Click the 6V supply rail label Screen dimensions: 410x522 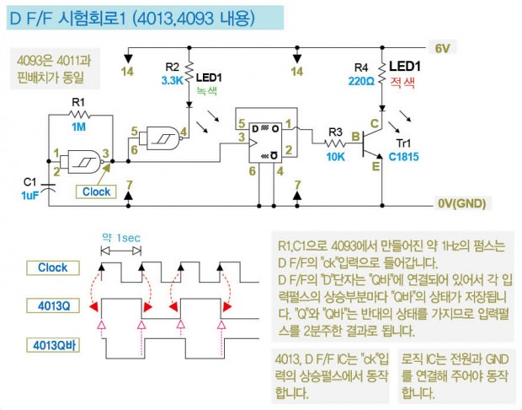pyautogui.click(x=445, y=47)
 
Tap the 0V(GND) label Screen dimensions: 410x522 pyautogui.click(x=461, y=203)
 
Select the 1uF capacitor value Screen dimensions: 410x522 pyautogui.click(x=30, y=193)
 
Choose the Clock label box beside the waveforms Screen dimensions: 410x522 pyautogui.click(x=52, y=268)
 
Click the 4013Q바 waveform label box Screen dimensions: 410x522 pyautogui.click(x=52, y=344)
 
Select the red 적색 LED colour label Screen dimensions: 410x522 pyautogui.click(x=404, y=83)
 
